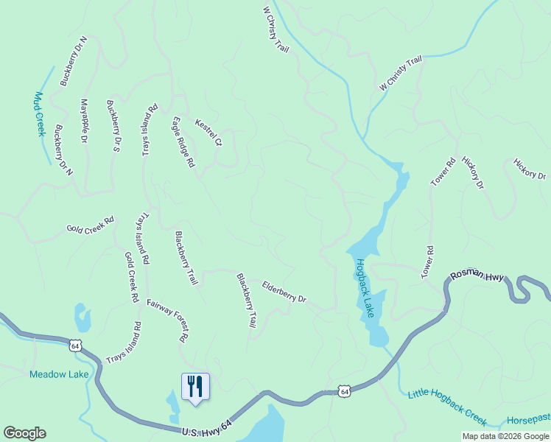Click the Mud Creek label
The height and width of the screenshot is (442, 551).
40,114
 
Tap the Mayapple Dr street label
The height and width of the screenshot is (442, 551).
83,122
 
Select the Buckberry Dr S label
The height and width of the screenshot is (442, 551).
113,126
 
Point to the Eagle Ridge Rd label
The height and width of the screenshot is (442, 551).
183,141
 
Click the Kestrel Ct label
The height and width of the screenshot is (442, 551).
208,131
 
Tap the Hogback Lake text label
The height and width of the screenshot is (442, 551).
365,288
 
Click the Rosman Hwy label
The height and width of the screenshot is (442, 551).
477,276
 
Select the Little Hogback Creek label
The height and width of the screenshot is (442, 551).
447,407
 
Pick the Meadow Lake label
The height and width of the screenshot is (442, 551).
59,374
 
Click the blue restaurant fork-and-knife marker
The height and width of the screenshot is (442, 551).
195,386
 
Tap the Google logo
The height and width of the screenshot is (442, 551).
24,433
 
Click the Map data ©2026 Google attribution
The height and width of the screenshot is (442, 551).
505,435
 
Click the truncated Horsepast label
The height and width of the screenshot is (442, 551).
528,417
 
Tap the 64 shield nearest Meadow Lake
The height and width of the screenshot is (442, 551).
74,345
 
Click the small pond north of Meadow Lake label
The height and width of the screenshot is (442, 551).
83,318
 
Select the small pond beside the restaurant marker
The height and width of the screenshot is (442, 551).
173,402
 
